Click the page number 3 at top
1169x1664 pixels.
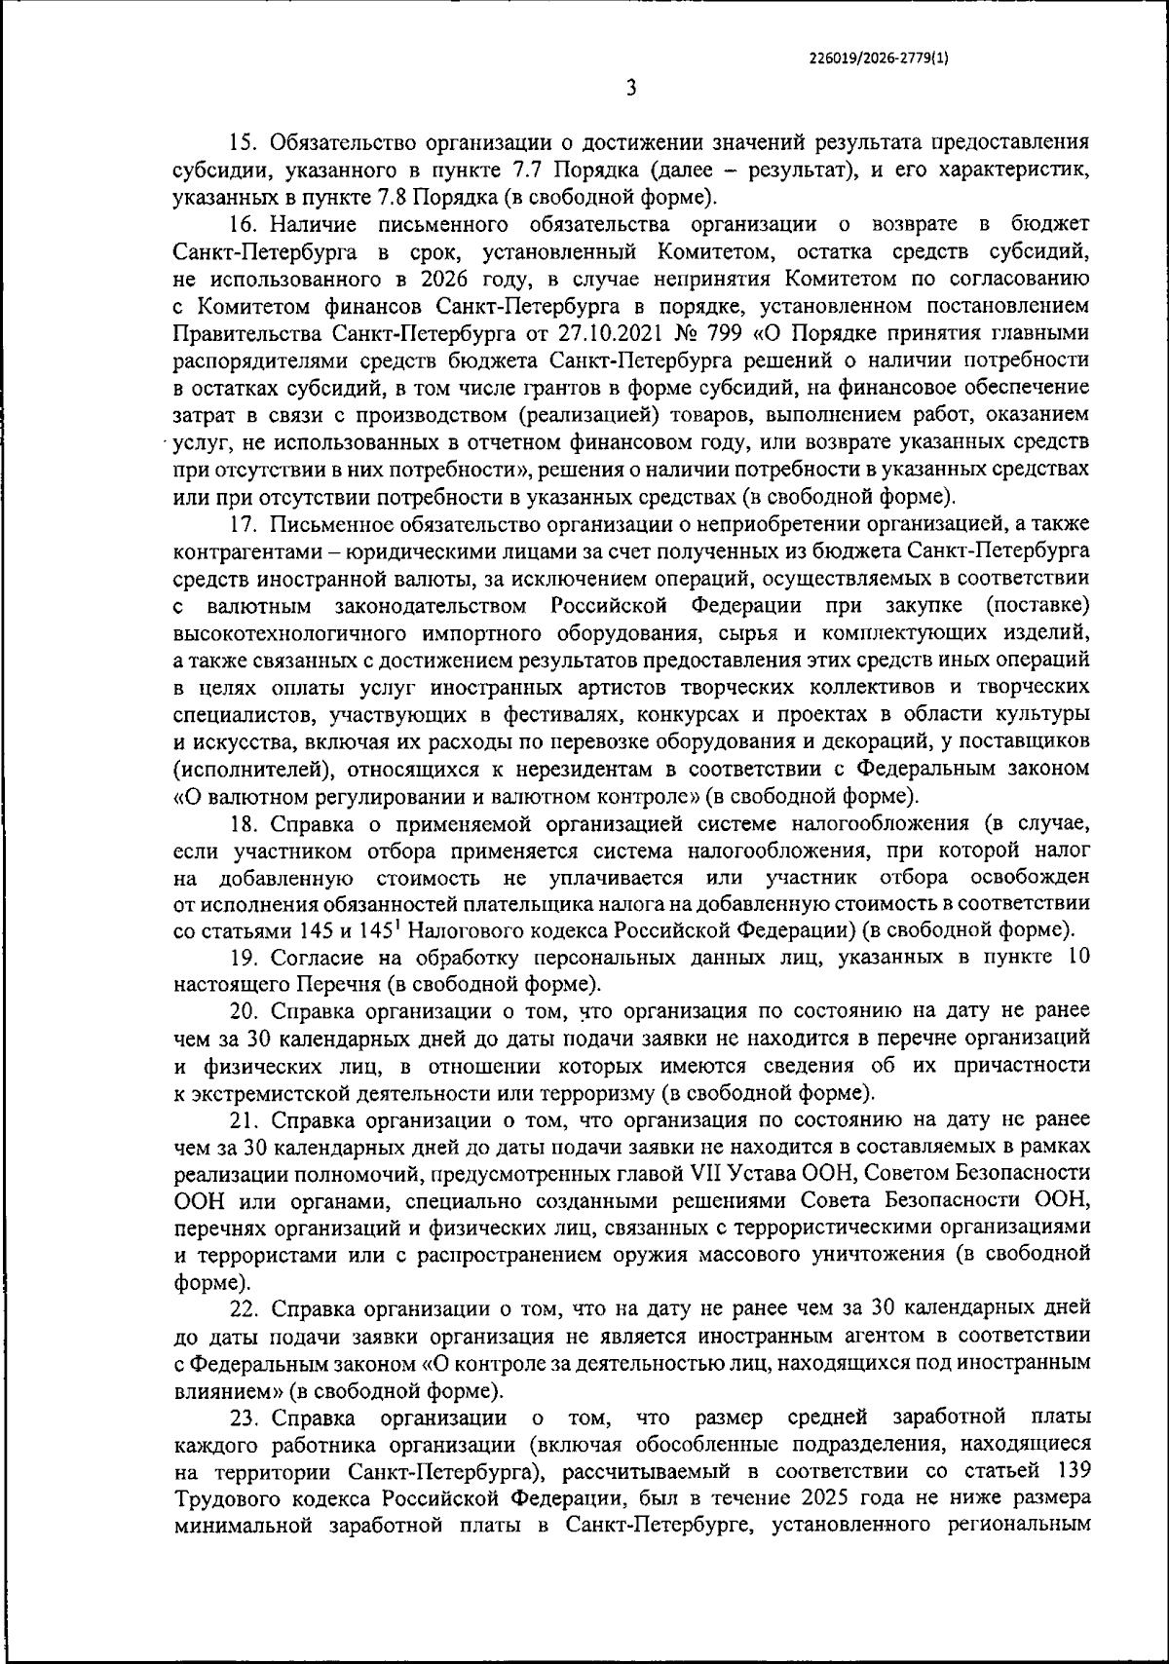(x=630, y=89)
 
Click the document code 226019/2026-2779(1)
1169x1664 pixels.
(x=879, y=57)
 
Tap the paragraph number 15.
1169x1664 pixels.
(x=243, y=143)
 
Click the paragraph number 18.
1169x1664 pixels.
(x=243, y=823)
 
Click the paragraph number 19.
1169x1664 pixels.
(x=243, y=958)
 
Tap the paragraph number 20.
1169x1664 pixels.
(x=243, y=1011)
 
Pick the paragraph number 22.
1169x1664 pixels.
(x=243, y=1307)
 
